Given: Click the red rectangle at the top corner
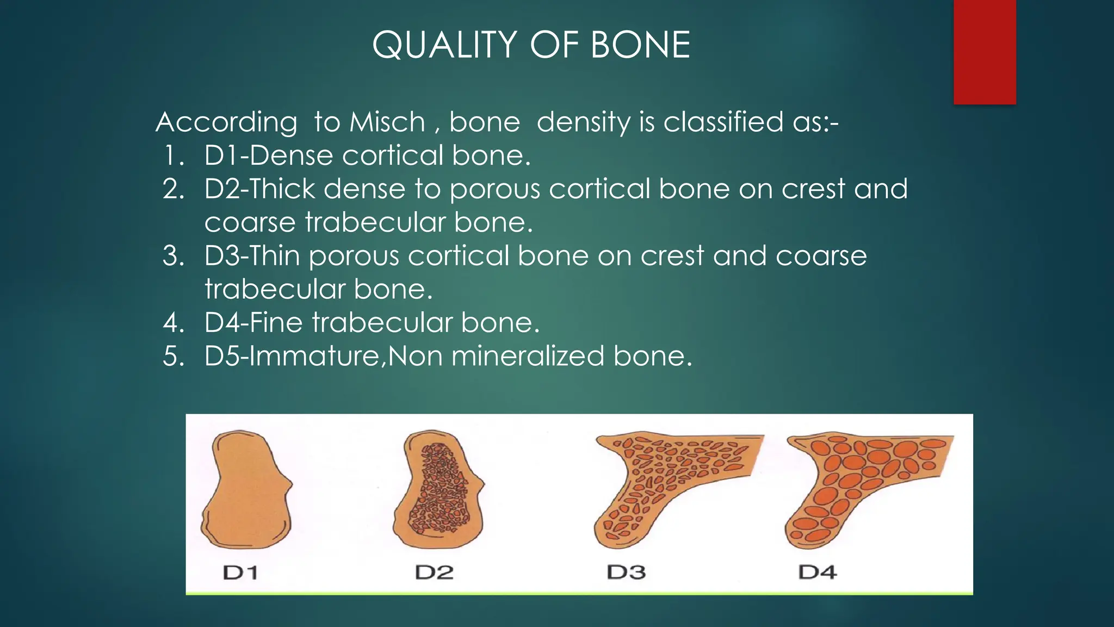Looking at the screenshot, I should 985,52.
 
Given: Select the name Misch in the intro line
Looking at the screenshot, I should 387,122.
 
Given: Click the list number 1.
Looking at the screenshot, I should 172,156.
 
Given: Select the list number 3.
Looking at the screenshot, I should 173,256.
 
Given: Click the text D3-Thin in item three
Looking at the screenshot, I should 252,256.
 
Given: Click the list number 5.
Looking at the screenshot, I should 173,356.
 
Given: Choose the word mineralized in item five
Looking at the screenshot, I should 528,356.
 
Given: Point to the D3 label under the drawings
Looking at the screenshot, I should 626,573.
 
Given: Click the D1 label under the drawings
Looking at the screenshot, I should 240,573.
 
